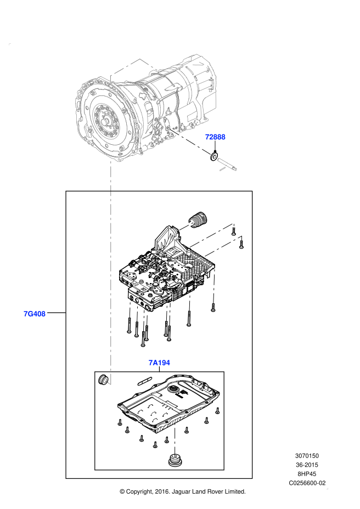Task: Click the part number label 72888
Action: click(215, 137)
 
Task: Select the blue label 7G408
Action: click(35, 314)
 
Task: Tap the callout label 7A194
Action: click(159, 363)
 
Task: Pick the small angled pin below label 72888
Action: click(227, 165)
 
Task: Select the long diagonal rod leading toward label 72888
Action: click(189, 142)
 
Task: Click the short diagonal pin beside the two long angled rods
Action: click(187, 226)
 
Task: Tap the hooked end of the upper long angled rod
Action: click(234, 224)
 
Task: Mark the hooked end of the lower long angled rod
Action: click(241, 237)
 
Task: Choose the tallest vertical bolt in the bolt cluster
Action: click(213, 286)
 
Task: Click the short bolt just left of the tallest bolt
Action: click(189, 302)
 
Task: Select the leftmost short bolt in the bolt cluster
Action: click(130, 310)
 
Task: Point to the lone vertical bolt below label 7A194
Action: click(175, 440)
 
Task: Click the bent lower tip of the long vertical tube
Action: click(108, 382)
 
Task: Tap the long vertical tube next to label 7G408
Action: click(110, 274)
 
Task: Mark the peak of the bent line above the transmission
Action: click(140, 59)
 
